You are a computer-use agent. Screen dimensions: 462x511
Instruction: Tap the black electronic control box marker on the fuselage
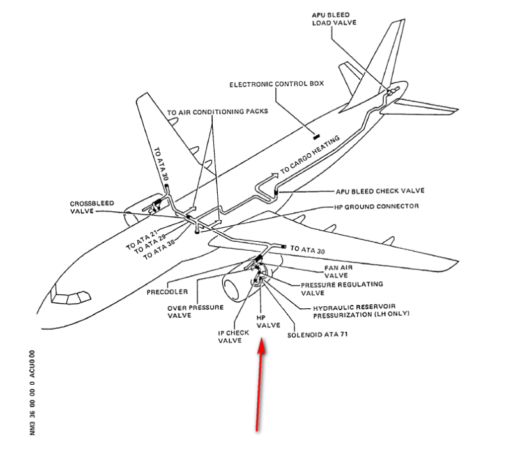(315, 135)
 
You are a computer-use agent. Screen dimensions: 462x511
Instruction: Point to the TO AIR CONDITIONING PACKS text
(217, 111)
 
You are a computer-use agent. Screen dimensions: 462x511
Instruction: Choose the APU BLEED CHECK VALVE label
(380, 190)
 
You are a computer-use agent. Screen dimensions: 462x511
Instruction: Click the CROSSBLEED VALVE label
(92, 207)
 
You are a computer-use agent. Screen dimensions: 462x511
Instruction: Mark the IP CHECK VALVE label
(229, 336)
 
